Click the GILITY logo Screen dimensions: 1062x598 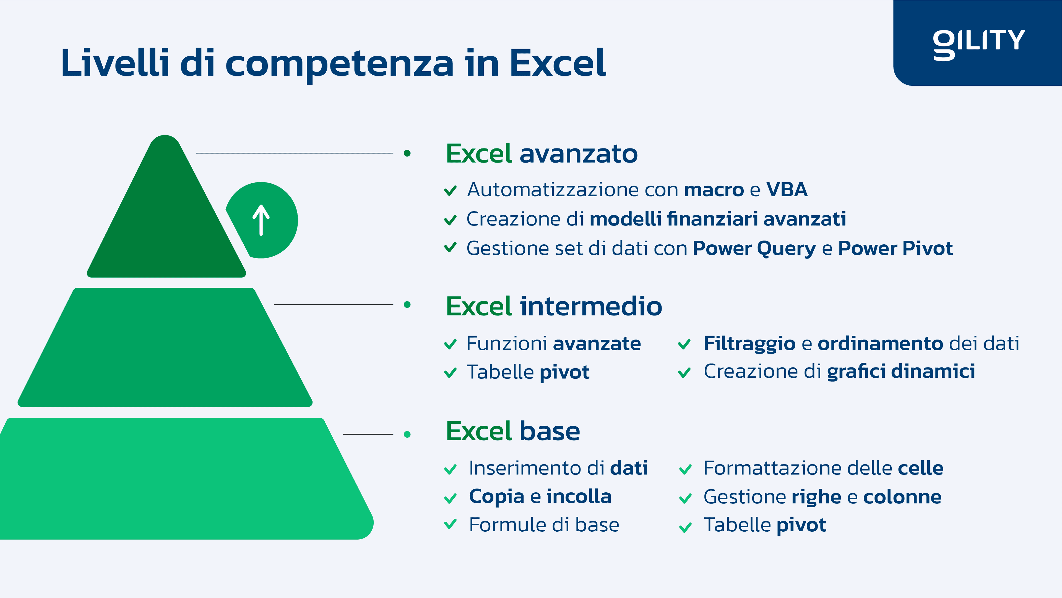(979, 45)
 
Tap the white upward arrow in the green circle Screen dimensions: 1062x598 (261, 220)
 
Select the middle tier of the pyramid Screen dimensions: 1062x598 (165, 348)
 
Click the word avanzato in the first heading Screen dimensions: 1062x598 (578, 154)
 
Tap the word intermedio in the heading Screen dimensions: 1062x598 (591, 306)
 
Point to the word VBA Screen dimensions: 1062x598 (787, 190)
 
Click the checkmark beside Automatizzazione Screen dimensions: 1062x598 (450, 190)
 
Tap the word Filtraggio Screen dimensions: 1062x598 (749, 344)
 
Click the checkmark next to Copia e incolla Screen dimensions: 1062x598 (450, 498)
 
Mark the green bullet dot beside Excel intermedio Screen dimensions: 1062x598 (407, 305)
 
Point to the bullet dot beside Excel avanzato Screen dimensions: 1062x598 (407, 153)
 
